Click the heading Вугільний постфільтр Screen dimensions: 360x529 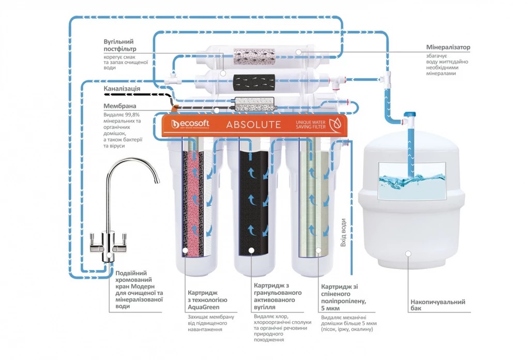pyautogui.click(x=119, y=46)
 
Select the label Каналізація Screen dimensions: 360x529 pyautogui.click(x=122, y=88)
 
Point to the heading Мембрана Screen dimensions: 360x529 pyautogui.click(x=120, y=106)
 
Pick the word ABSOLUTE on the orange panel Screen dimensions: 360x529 pyautogui.click(x=253, y=125)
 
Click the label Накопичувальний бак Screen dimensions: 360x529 pyautogui.click(x=437, y=305)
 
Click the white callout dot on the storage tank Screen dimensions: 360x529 pyautogui.click(x=409, y=253)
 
